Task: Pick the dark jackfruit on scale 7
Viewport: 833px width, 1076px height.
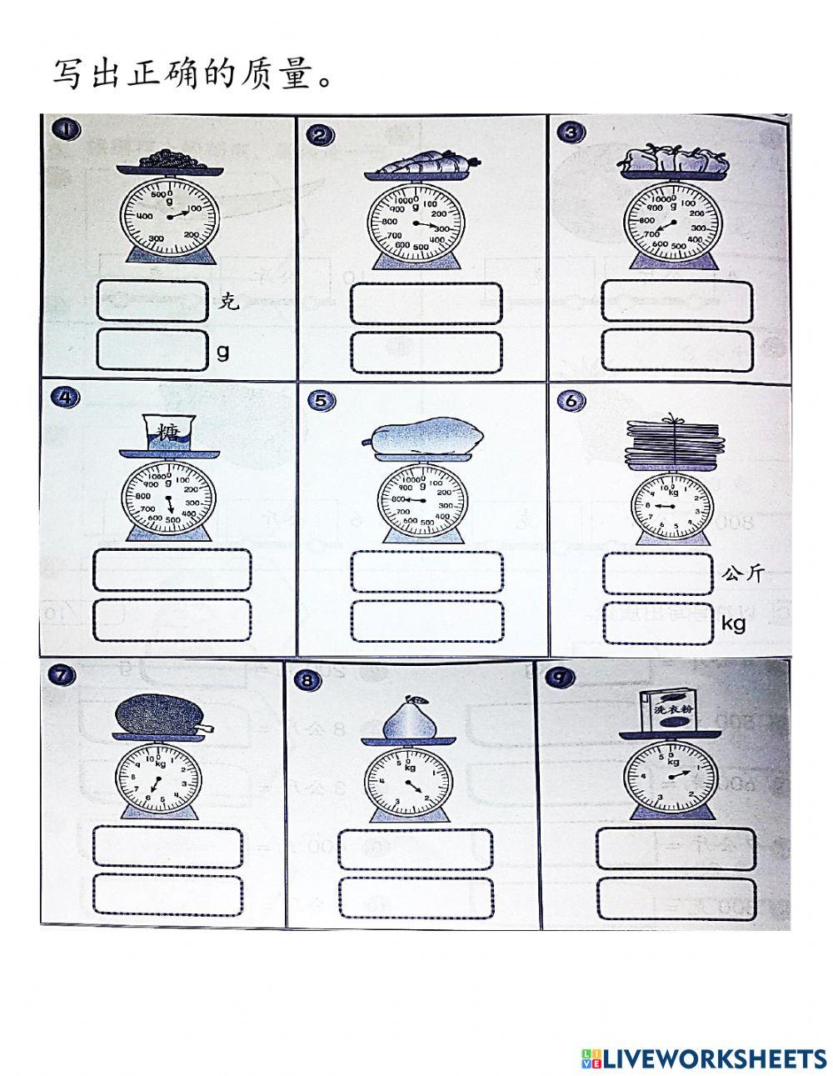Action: point(158,715)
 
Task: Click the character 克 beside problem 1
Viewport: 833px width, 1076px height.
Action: point(228,302)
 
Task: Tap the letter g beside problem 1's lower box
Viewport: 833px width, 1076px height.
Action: point(222,351)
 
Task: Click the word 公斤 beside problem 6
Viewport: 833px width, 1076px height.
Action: point(741,573)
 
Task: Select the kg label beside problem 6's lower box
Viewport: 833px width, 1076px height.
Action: point(733,623)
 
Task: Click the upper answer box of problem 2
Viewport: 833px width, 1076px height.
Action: point(426,303)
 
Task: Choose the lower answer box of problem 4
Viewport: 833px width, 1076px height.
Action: point(172,619)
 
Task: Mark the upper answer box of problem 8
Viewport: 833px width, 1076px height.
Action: point(416,848)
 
